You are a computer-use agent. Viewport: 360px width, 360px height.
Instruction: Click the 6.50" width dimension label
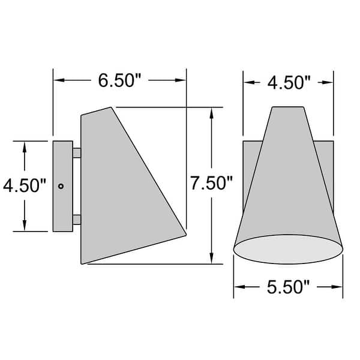[119, 80]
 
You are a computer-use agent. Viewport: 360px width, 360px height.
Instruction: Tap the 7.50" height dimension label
[212, 184]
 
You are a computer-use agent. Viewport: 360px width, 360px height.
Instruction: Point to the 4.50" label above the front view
[288, 82]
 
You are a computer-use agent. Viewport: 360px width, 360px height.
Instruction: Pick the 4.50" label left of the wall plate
[25, 185]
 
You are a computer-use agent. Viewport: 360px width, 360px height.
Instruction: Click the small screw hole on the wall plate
[61, 187]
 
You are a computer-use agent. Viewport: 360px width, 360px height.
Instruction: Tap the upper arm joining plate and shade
[77, 154]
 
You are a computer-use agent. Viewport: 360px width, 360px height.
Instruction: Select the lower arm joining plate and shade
[77, 220]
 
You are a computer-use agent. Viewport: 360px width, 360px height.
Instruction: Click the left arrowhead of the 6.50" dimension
[58, 80]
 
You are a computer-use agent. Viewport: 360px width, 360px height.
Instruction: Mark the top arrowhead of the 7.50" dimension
[212, 112]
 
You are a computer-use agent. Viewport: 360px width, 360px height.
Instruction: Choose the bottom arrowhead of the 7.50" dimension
[212, 259]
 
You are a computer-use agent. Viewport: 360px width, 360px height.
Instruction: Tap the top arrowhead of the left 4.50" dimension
[25, 146]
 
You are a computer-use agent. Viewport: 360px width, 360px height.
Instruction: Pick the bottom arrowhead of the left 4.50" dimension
[25, 227]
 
